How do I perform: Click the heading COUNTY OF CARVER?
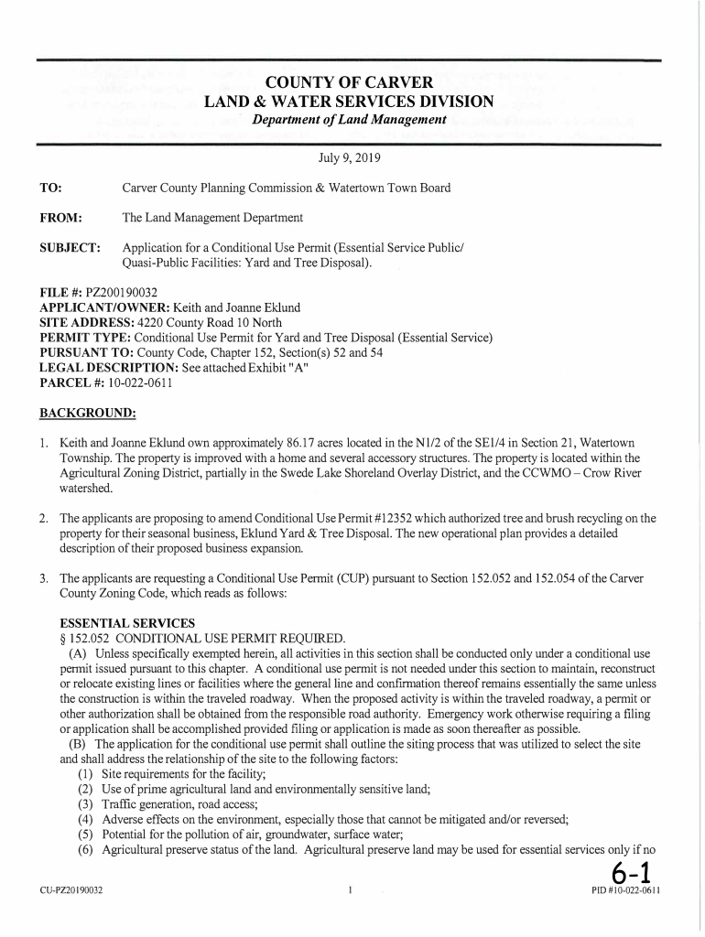point(348,83)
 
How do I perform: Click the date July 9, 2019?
point(348,158)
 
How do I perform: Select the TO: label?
point(50,188)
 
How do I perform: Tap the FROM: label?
point(61,218)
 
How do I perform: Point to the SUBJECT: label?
point(70,248)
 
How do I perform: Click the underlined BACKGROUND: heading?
point(87,412)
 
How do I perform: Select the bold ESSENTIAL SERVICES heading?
point(114,623)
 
